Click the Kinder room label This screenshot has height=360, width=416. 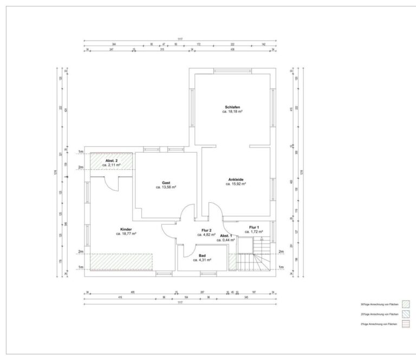126,229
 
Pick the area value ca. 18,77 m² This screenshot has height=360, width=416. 126,234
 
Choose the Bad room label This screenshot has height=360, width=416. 202,255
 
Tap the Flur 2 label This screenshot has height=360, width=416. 206,230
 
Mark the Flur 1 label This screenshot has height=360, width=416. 253,227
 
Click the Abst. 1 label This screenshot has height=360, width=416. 226,235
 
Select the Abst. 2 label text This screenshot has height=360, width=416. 112,160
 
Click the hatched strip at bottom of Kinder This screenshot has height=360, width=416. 121,261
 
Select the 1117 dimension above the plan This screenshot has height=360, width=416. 180,40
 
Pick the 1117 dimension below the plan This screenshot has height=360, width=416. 180,303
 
